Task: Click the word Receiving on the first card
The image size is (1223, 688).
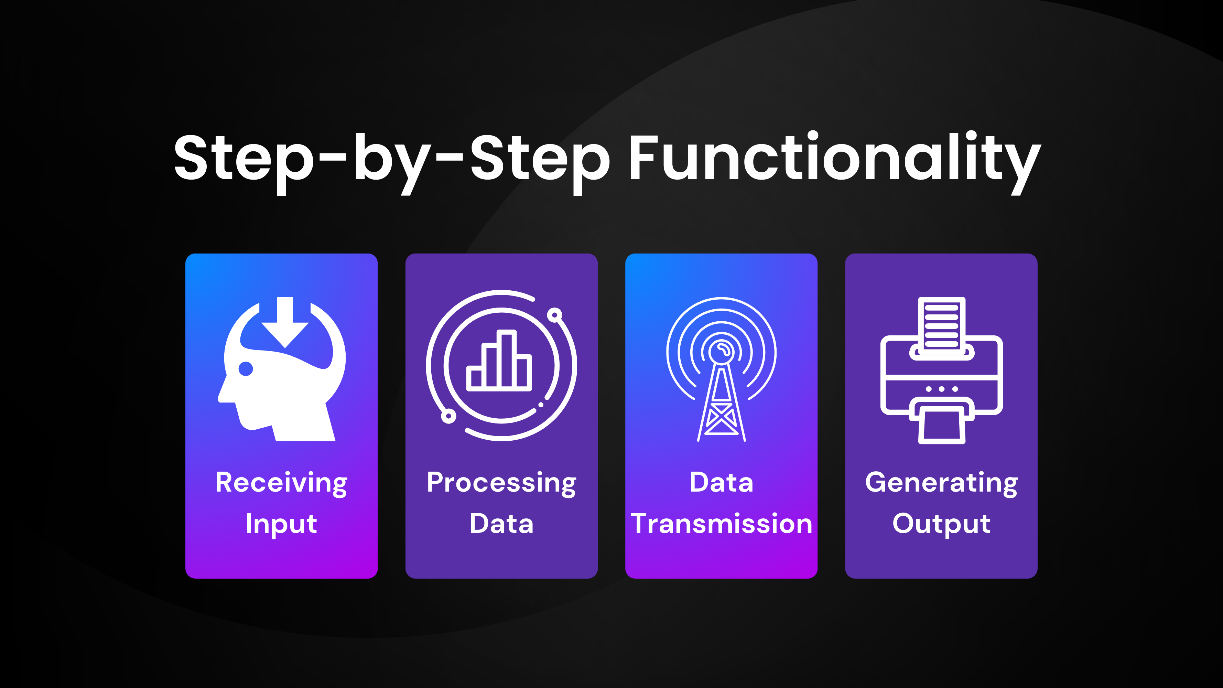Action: (282, 483)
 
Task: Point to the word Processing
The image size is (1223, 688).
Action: (501, 483)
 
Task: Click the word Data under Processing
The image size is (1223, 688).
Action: (501, 524)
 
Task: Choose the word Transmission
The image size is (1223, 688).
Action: (721, 524)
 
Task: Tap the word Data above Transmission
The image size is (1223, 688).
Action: (721, 483)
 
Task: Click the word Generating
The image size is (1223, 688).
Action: (941, 483)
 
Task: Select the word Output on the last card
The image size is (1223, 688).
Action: (941, 524)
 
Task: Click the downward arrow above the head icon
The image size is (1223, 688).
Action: (285, 323)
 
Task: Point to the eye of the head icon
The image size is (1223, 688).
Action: (246, 368)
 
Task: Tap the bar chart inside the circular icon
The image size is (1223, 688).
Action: (499, 363)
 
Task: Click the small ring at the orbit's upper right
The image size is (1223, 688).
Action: (554, 315)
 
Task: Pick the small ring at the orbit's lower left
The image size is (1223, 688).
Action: (448, 416)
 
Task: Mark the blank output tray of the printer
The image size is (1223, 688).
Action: (941, 425)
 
